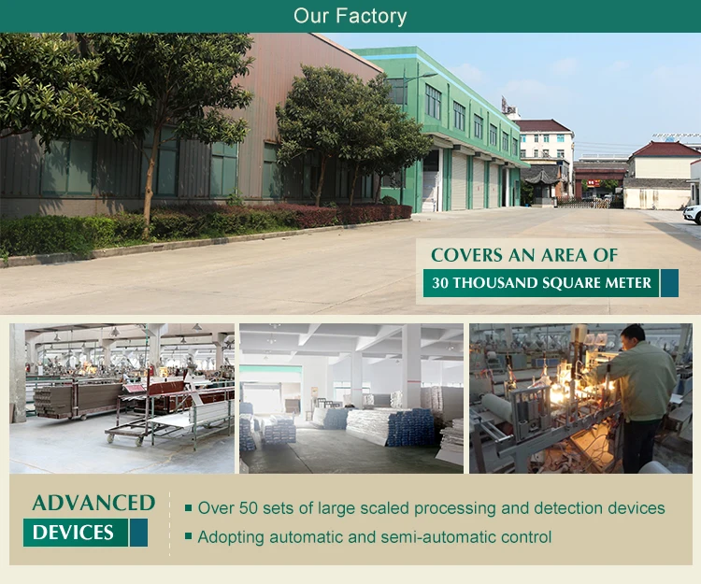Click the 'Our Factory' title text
350,16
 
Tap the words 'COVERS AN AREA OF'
524,254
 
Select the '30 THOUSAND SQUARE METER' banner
541,282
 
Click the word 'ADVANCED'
93,503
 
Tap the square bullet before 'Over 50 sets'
189,508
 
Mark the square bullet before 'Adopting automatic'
189,536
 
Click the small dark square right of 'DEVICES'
139,533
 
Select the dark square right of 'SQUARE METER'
669,282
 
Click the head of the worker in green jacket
634,335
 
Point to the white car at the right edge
693,214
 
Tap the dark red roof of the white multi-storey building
543,125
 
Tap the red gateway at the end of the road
599,178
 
